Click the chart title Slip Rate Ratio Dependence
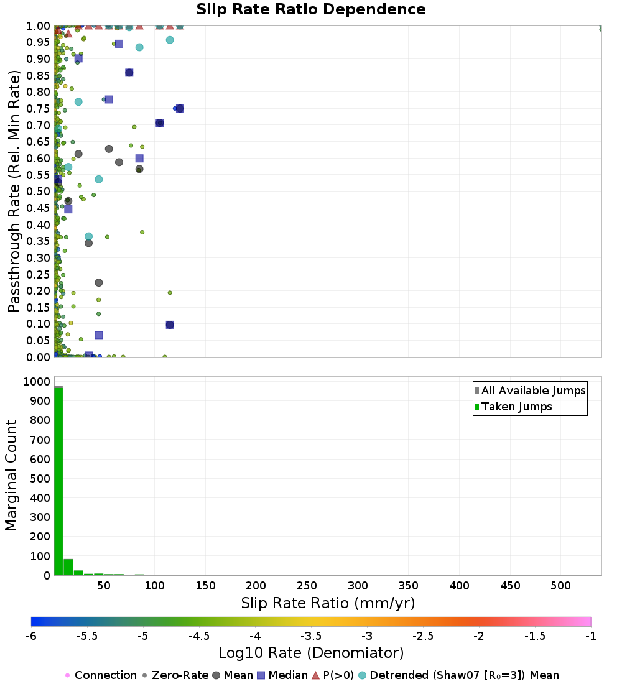pyautogui.click(x=311, y=9)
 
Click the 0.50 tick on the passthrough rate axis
pyautogui.click(x=39, y=192)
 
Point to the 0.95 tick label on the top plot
pyautogui.click(x=39, y=42)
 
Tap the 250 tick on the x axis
pyautogui.click(x=307, y=585)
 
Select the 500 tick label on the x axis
pyautogui.click(x=561, y=585)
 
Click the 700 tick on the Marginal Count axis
pyautogui.click(x=40, y=440)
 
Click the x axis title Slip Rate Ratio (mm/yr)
pyautogui.click(x=328, y=603)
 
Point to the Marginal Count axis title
pyautogui.click(x=11, y=476)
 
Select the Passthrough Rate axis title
pyautogui.click(x=14, y=191)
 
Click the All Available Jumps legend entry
pyautogui.click(x=531, y=391)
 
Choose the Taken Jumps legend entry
pyautogui.click(x=513, y=407)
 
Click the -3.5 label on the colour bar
pyautogui.click(x=311, y=636)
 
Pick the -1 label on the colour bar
pyautogui.click(x=590, y=636)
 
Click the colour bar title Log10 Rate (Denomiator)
pyautogui.click(x=311, y=653)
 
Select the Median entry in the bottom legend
pyautogui.click(x=283, y=675)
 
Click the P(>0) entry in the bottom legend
pyautogui.click(x=333, y=675)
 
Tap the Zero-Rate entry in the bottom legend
pyautogui.click(x=175, y=675)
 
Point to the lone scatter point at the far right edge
pyautogui.click(x=601, y=29)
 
